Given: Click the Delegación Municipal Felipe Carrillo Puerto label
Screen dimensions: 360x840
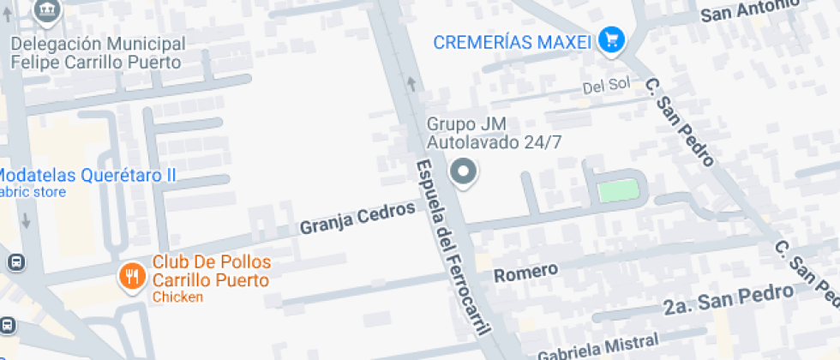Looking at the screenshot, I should click(97, 53).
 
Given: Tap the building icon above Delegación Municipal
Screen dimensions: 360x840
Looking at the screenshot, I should click(45, 9).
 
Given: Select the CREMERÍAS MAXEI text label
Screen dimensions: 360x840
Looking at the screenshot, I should click(513, 41).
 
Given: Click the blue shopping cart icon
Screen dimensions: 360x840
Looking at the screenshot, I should click(611, 39).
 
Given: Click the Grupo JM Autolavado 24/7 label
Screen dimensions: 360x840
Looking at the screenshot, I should click(495, 133).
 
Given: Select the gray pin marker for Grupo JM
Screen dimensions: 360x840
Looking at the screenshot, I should click(464, 172).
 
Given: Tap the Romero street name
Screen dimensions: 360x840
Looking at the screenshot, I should click(526, 272).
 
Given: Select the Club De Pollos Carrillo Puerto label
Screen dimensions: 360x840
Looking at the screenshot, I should click(211, 271).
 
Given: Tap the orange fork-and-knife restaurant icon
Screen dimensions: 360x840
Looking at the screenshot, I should click(131, 276).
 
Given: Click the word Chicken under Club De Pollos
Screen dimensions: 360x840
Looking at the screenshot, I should click(177, 297).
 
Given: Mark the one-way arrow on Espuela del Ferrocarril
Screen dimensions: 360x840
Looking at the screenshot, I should click(412, 83).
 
